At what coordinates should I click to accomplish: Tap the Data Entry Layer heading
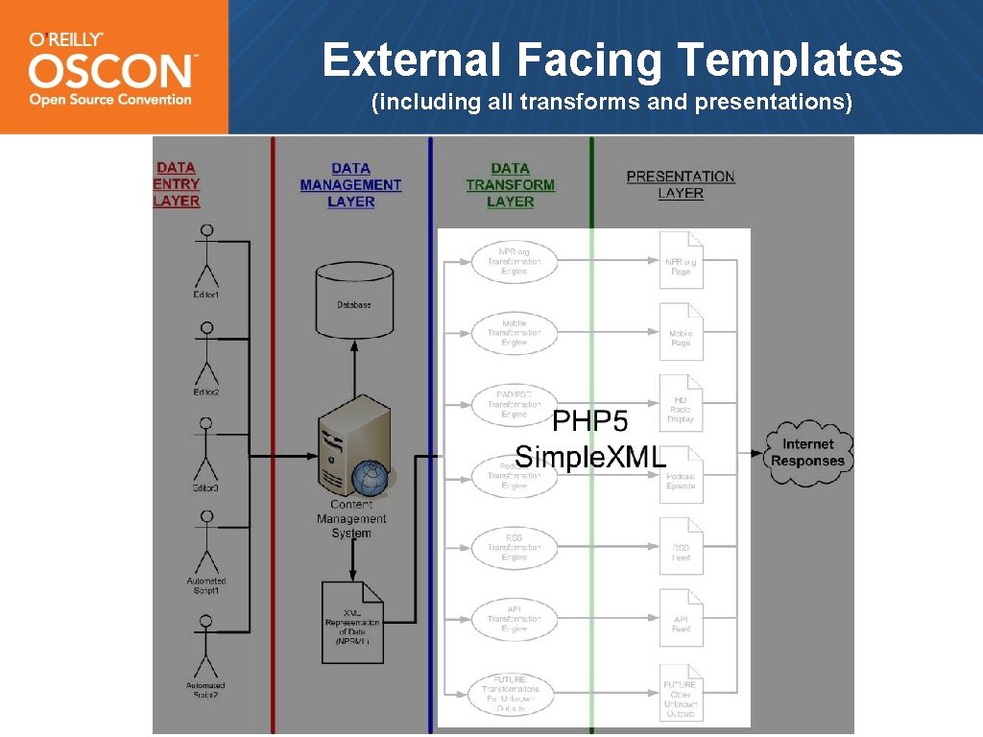(x=177, y=184)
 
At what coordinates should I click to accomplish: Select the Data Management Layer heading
(x=350, y=184)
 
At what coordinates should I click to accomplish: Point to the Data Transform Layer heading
(x=510, y=184)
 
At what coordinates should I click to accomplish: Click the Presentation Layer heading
(x=681, y=184)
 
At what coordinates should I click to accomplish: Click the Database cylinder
(x=353, y=302)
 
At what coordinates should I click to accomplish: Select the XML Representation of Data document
(x=352, y=622)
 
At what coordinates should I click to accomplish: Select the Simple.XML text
(x=590, y=457)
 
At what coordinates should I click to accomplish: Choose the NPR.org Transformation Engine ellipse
(x=514, y=261)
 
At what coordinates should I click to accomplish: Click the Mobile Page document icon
(x=682, y=332)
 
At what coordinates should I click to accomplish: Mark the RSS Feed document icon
(x=682, y=547)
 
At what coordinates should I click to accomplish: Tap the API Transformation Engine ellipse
(x=514, y=619)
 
